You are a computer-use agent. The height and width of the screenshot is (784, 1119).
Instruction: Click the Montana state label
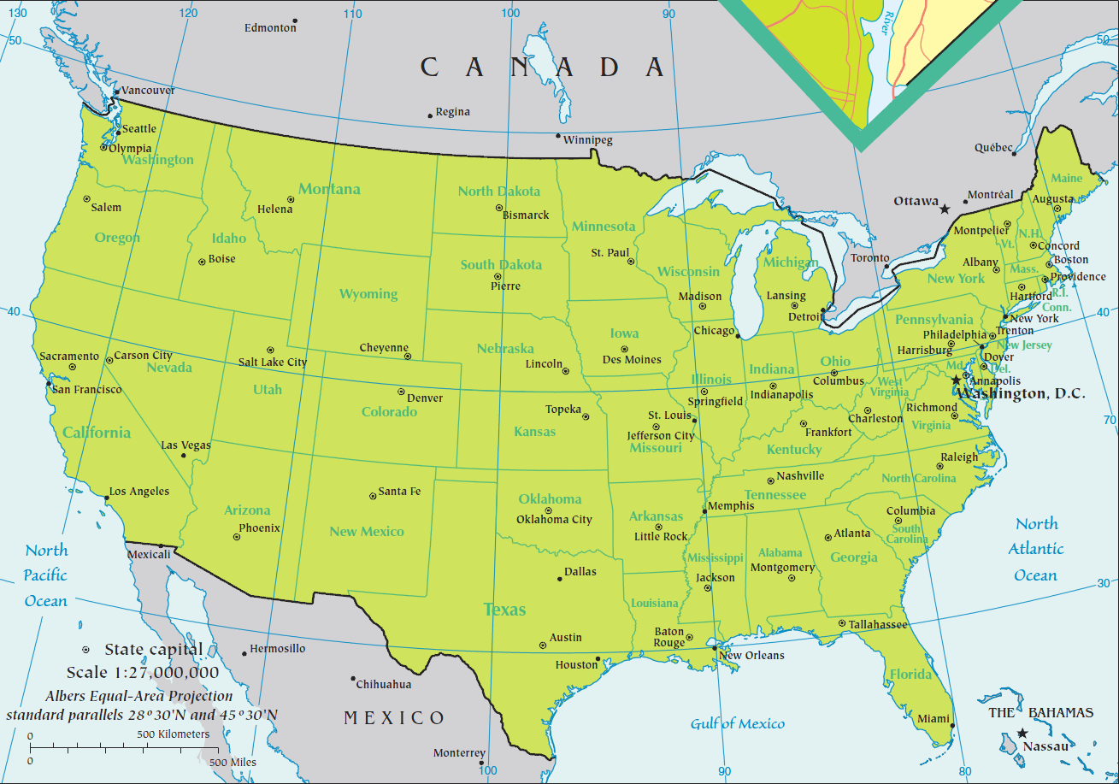tap(329, 189)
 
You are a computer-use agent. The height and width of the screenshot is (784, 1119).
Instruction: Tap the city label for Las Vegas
tap(186, 445)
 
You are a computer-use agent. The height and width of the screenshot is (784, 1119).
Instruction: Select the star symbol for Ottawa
tap(945, 209)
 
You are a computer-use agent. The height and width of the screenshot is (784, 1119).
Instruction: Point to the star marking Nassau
tap(1022, 733)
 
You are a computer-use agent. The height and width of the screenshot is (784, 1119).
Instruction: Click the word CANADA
tap(543, 67)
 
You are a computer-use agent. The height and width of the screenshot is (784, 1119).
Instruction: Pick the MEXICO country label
tap(394, 717)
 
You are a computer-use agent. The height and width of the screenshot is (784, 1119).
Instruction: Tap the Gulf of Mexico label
tap(737, 724)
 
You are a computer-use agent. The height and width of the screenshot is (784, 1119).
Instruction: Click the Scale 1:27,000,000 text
tap(143, 672)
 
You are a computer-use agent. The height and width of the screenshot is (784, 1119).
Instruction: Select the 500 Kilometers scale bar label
tap(173, 734)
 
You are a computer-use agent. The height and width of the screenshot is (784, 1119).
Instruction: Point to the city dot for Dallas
tap(560, 579)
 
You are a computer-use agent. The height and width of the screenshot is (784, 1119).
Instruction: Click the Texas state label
tap(504, 610)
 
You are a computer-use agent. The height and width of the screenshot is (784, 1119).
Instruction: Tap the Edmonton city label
tap(270, 27)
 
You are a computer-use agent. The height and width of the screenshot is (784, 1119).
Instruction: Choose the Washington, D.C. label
tap(1022, 393)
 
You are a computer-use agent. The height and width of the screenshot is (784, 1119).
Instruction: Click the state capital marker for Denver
tap(401, 392)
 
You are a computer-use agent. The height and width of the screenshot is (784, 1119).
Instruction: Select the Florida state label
tap(910, 675)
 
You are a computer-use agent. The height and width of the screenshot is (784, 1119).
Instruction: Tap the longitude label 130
tap(16, 13)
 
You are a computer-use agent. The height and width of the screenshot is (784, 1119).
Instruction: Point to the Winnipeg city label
tap(588, 140)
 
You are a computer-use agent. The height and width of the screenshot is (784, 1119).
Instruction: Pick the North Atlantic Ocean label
tap(1036, 549)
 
